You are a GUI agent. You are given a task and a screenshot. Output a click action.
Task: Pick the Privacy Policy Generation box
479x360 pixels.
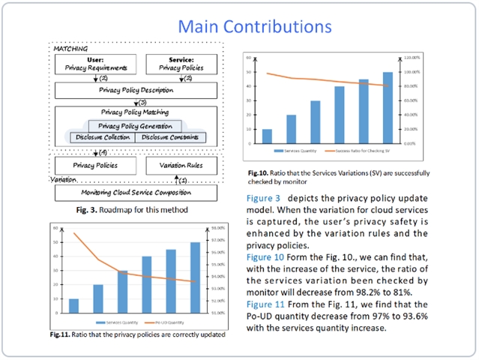tap(135, 126)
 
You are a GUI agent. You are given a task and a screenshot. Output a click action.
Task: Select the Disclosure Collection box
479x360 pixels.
tap(102, 137)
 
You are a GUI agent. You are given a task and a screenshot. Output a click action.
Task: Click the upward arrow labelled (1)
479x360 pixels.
tap(176, 179)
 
